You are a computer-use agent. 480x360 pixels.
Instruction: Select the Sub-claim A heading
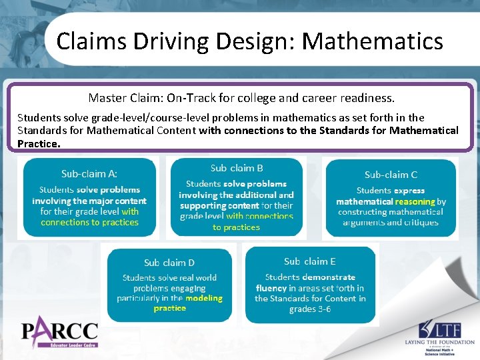(x=89, y=174)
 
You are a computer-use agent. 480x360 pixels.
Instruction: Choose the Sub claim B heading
(x=236, y=169)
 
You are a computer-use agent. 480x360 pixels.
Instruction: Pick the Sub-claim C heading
(x=391, y=175)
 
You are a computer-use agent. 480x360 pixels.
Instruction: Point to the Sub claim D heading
(x=169, y=263)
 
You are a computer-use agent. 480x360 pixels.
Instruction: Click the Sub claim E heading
(x=309, y=261)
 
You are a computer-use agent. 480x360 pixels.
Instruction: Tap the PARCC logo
(x=60, y=332)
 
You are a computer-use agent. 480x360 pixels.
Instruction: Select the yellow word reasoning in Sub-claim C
(x=415, y=201)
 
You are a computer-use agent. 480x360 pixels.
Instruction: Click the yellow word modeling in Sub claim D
(x=204, y=298)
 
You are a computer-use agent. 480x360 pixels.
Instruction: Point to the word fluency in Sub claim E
(x=271, y=288)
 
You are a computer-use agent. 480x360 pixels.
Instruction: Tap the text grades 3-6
(x=309, y=309)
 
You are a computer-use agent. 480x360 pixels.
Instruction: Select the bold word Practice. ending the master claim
(x=39, y=143)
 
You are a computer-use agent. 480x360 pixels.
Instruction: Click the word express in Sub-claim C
(x=409, y=191)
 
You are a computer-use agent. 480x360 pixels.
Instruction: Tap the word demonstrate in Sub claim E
(x=329, y=277)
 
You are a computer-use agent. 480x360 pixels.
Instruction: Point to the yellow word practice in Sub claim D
(x=169, y=308)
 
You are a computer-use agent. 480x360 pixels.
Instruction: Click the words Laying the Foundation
(x=439, y=343)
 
